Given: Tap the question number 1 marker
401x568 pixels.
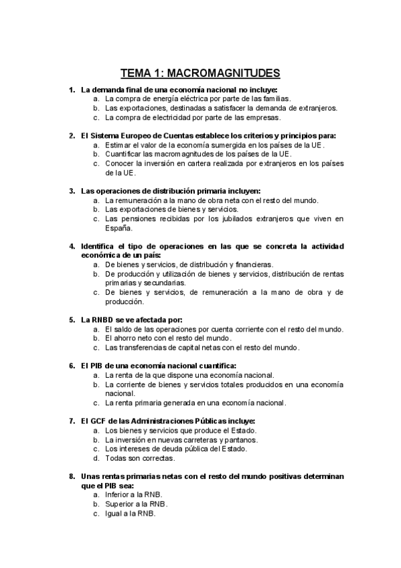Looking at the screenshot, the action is click(72, 89).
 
